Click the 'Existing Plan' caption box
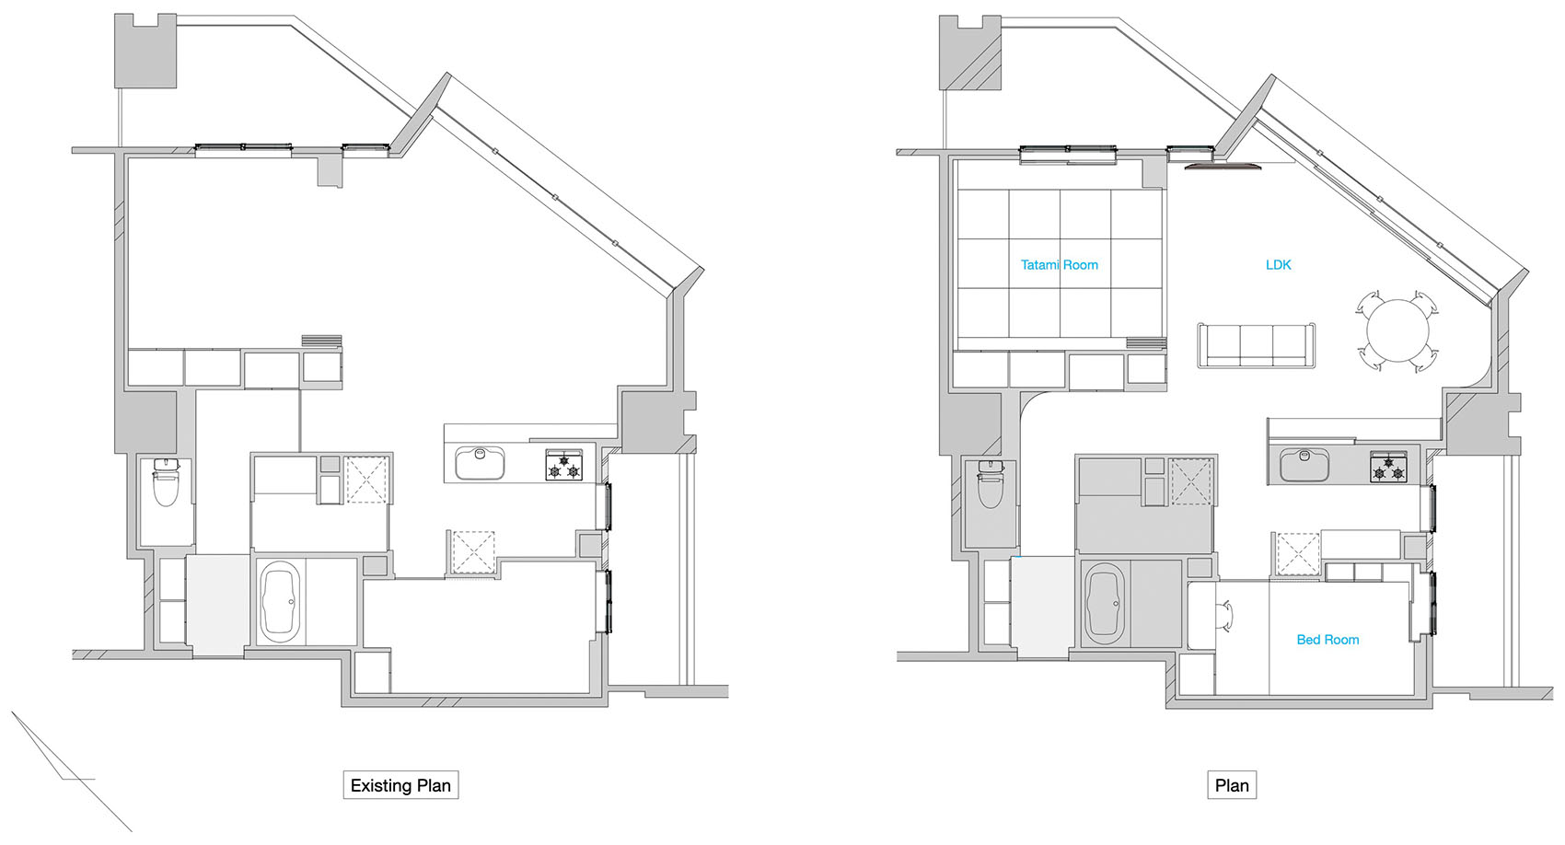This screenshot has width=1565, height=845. point(400,785)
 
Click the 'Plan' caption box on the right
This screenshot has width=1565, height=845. point(1232,785)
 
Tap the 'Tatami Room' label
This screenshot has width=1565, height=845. point(1059,265)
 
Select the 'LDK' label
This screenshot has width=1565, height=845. point(1278,265)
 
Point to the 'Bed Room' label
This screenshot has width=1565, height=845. point(1327,640)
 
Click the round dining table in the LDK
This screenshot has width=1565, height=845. point(1397,331)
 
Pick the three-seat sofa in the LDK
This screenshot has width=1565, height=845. point(1256,346)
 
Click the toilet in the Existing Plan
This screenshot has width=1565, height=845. point(165,485)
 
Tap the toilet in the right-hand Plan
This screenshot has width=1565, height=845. point(990,485)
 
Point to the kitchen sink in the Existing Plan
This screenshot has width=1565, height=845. point(480,463)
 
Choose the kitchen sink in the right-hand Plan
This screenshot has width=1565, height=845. point(1304,464)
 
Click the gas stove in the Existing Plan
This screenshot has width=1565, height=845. point(564,465)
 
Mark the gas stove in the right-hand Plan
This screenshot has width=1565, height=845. point(1389,466)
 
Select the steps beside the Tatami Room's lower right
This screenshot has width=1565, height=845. point(1146,343)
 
